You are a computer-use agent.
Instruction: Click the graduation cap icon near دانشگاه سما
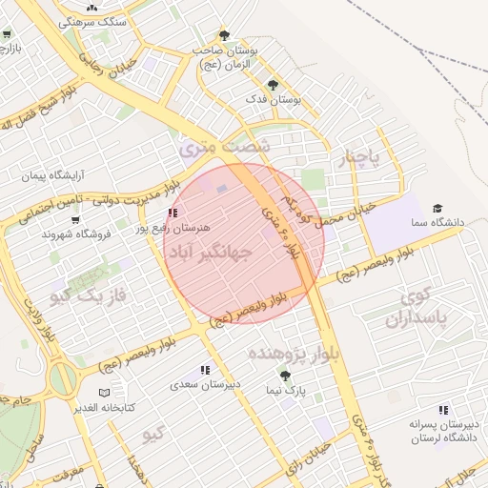[437, 208]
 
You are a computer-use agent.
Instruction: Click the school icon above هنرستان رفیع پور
[172, 213]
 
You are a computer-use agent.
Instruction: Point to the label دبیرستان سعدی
[205, 384]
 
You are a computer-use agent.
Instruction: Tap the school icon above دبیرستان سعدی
[205, 370]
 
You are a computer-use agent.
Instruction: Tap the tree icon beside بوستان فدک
[274, 85]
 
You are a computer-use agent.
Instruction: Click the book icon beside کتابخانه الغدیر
[104, 393]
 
